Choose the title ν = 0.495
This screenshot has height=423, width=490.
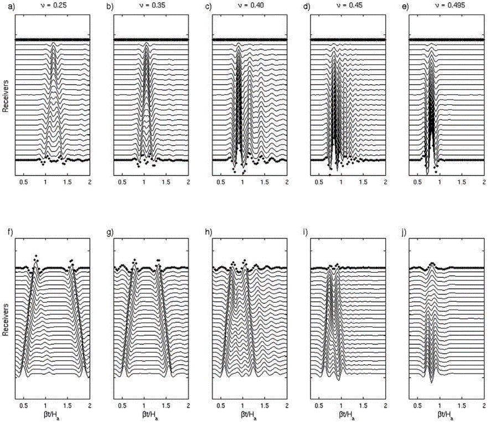point(446,6)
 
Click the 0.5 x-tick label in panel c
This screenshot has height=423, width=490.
point(221,182)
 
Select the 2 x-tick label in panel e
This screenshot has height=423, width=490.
point(484,182)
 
